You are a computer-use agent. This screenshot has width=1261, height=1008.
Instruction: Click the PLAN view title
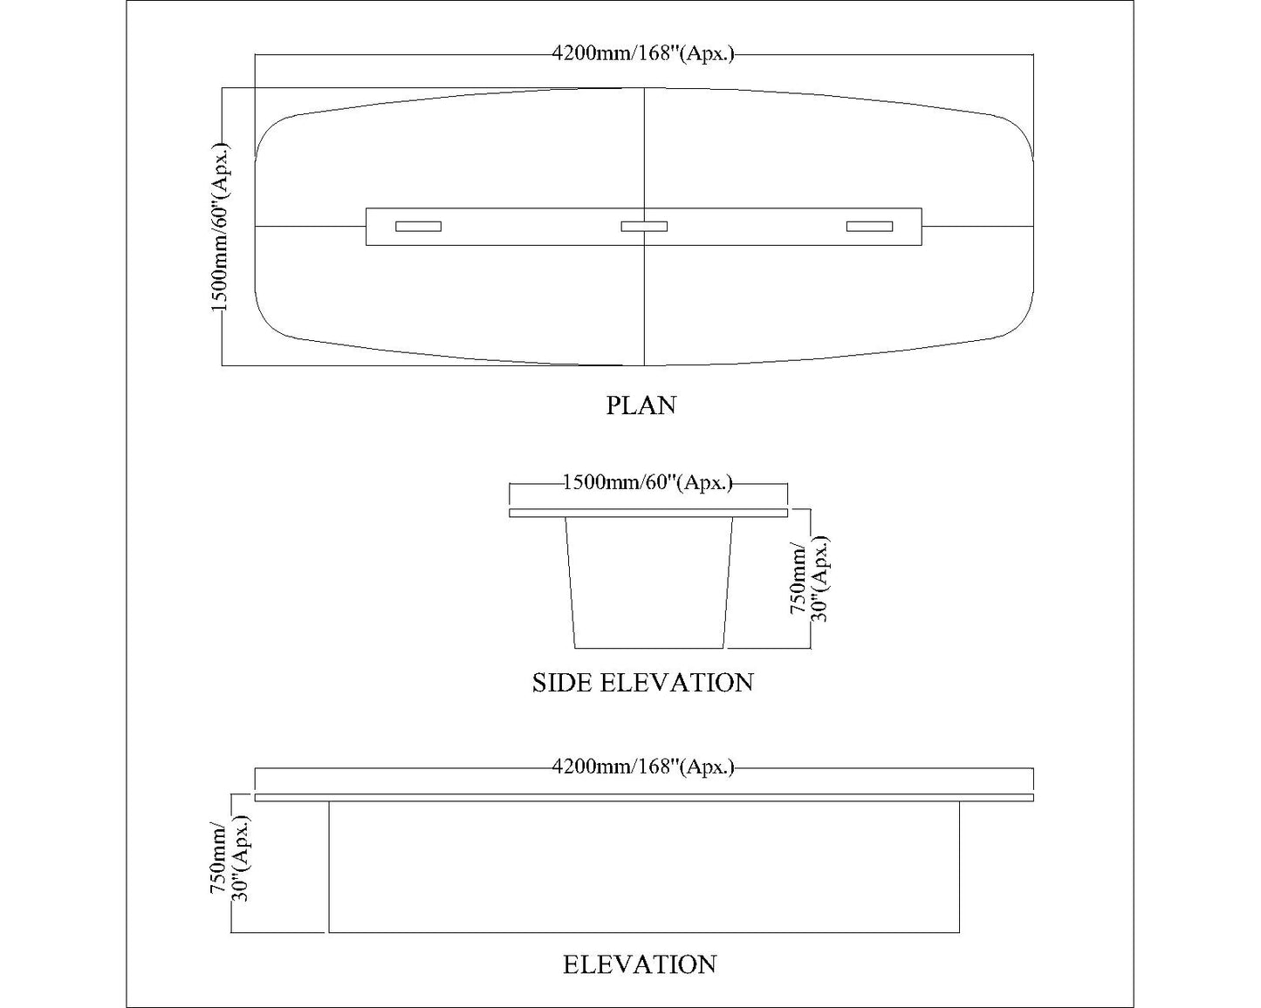[x=641, y=405]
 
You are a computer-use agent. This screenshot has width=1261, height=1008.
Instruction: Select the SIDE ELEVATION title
[x=642, y=682]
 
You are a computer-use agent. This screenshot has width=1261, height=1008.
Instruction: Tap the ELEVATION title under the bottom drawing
[x=640, y=964]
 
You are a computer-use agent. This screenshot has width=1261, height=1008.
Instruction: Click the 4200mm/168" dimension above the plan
[x=643, y=54]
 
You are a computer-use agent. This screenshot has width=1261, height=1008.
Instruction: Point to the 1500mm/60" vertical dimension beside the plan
[x=221, y=227]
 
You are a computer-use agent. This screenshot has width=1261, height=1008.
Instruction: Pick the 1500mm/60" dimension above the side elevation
[x=648, y=482]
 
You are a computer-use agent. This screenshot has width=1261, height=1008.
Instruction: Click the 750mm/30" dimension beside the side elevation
[x=810, y=579]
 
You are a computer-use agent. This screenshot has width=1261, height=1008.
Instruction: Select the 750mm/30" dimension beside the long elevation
[x=230, y=863]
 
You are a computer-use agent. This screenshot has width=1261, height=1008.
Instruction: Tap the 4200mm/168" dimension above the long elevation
[x=643, y=767]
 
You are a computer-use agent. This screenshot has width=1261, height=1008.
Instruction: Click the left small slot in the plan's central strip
[x=418, y=227]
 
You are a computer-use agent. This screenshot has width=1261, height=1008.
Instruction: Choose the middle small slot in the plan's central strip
[x=644, y=227]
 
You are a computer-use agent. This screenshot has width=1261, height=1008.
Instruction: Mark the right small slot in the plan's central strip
[x=869, y=227]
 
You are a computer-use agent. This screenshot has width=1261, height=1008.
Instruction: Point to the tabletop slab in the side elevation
[x=648, y=513]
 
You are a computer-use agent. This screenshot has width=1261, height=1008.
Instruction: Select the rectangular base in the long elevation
[x=644, y=867]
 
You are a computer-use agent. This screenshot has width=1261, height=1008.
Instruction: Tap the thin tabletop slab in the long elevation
[x=644, y=797]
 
